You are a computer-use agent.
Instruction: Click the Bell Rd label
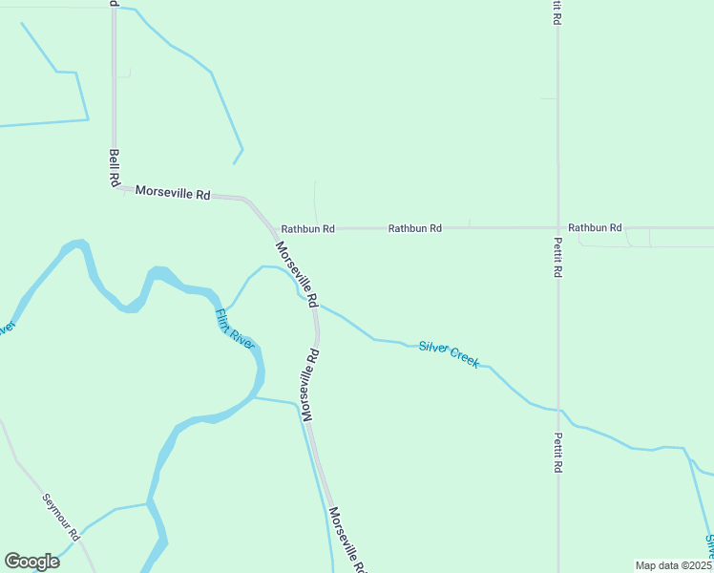(x=115, y=168)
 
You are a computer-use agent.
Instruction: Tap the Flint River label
(x=234, y=328)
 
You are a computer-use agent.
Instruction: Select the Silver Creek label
(x=449, y=352)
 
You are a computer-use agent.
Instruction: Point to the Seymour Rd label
(x=60, y=515)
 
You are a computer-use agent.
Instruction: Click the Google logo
(x=31, y=562)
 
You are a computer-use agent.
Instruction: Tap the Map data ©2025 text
(x=674, y=565)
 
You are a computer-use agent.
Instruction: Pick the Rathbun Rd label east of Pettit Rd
(x=595, y=228)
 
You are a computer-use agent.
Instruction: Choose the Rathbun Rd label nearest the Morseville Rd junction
(x=307, y=229)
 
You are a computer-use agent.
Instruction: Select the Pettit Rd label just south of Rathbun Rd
(x=558, y=257)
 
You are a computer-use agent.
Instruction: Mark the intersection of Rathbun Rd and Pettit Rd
(x=558, y=228)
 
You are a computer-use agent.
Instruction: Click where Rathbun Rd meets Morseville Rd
(x=272, y=228)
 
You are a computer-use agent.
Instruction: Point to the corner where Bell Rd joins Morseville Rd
(x=115, y=187)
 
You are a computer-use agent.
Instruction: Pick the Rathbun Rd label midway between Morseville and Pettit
(x=415, y=229)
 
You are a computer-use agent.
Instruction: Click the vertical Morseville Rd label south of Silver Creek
(x=308, y=384)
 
